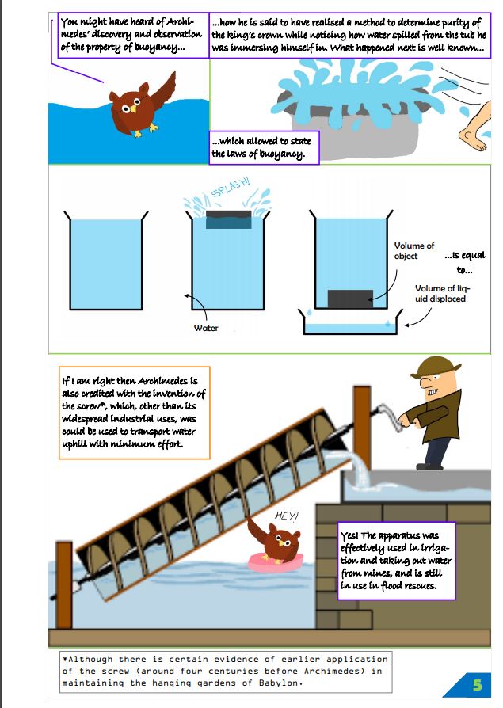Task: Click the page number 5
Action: click(477, 683)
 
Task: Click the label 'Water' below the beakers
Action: click(206, 328)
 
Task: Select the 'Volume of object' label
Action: click(414, 251)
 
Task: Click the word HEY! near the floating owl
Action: click(285, 516)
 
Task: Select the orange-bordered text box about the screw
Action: click(133, 412)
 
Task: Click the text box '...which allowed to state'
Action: click(264, 147)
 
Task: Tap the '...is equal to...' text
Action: click(465, 263)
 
